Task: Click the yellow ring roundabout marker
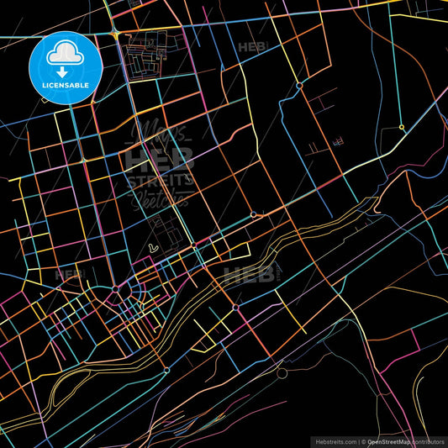point(402,128)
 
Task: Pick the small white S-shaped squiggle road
point(152,248)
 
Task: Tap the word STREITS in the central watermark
point(159,181)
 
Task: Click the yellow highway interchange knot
point(113,33)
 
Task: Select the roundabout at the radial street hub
point(115,290)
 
